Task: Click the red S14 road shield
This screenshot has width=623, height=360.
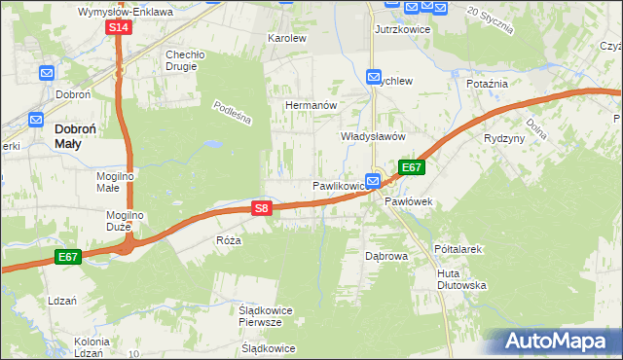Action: (x=118, y=27)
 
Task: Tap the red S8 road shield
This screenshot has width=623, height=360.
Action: (x=260, y=208)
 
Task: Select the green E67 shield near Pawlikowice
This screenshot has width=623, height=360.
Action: (x=412, y=167)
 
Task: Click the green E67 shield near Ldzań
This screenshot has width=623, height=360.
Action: (x=67, y=257)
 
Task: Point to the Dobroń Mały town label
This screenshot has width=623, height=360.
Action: (x=81, y=135)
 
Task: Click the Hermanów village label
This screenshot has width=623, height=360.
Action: (x=311, y=104)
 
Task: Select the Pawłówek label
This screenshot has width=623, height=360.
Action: (x=408, y=201)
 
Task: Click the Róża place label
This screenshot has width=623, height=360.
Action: (x=228, y=239)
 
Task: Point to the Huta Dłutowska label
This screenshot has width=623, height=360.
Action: (x=461, y=280)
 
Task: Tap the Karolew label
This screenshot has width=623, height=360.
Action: (x=287, y=39)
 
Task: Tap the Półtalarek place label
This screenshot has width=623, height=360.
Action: (x=458, y=249)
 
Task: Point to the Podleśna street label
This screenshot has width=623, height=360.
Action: (x=233, y=115)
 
